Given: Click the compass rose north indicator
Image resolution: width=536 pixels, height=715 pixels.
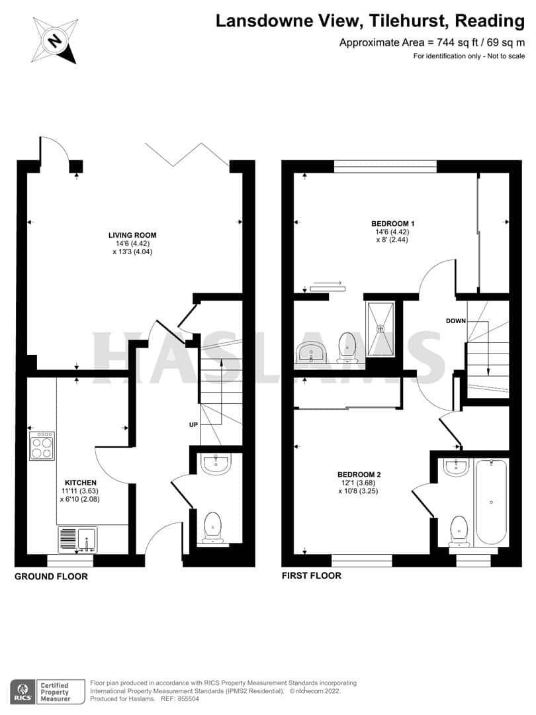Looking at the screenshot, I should (x=54, y=40).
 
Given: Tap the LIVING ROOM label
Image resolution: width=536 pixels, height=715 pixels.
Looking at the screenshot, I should (x=132, y=235).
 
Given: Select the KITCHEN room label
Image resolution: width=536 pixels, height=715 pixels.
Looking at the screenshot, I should (x=81, y=483).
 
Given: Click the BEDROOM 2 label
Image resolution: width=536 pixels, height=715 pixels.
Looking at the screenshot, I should (x=359, y=475).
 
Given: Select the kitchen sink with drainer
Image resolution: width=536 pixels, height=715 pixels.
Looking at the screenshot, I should (x=77, y=539).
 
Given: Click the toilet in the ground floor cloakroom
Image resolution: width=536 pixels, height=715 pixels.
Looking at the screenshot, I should (x=212, y=527).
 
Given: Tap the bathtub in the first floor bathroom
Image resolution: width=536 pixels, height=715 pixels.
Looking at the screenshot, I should (x=490, y=502).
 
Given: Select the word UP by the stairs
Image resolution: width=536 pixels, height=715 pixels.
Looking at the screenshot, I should (x=193, y=424).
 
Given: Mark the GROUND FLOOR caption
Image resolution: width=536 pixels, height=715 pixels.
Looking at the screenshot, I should (x=51, y=577).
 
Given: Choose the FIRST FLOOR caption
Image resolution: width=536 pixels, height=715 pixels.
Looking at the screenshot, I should (x=311, y=576).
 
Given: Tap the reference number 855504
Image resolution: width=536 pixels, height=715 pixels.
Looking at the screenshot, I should (x=189, y=699).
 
